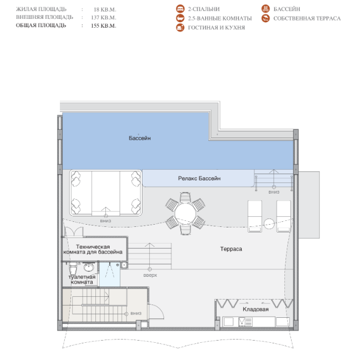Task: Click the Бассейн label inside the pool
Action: click(x=140, y=138)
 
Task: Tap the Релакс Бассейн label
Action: click(x=199, y=179)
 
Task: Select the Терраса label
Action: click(x=231, y=249)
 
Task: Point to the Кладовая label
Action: click(x=256, y=309)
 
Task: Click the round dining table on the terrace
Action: click(x=185, y=214)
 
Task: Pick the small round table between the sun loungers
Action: click(x=269, y=224)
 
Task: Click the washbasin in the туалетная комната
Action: click(x=89, y=267)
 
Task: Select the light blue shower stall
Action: click(x=109, y=274)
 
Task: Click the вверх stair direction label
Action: click(x=150, y=275)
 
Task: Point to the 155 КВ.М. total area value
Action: click(x=104, y=26)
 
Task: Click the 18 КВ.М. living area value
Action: click(x=105, y=9)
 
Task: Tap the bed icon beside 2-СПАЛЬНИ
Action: click(x=180, y=9)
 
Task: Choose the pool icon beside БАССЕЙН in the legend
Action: click(x=266, y=9)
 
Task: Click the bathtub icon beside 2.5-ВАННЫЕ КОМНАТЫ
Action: click(x=180, y=18)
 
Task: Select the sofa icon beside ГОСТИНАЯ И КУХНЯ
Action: click(x=180, y=28)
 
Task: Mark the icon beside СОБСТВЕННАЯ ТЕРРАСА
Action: click(x=266, y=18)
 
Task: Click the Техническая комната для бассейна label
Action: click(x=93, y=249)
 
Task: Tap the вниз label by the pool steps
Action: click(x=274, y=192)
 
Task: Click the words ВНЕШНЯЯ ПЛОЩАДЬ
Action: click(x=44, y=17)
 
